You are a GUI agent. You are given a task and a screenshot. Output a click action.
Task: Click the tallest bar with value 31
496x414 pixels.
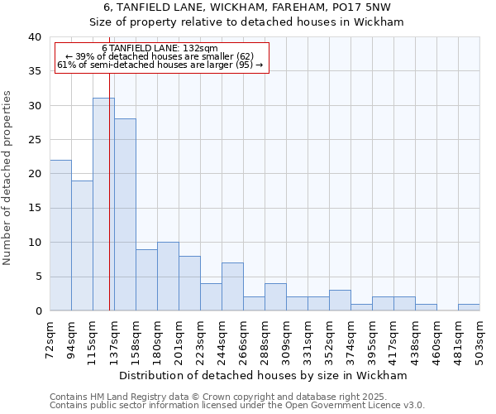(103, 205)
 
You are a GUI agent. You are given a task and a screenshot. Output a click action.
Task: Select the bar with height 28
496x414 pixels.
(125, 214)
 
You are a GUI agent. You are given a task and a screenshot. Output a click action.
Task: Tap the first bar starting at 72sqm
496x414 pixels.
(60, 235)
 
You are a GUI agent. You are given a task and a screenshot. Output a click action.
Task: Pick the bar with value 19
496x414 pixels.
(82, 245)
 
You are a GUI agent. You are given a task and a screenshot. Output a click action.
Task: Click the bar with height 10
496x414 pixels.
(168, 276)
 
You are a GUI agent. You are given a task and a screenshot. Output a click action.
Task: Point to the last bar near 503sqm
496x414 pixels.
(469, 307)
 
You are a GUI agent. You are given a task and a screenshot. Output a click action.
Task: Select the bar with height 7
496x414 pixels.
(232, 286)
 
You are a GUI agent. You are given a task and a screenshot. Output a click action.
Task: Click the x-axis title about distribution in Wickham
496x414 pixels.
(264, 375)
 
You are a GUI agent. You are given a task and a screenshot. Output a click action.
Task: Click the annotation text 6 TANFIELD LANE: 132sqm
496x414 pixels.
(160, 49)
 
